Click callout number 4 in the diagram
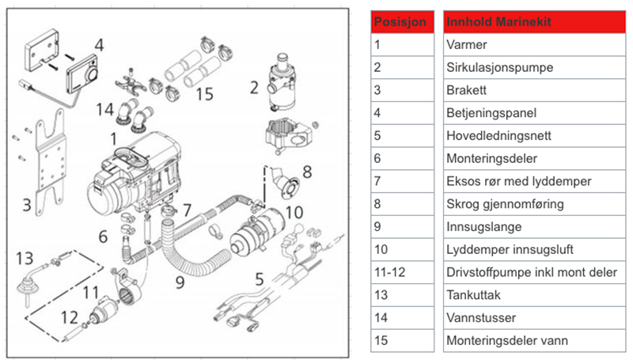tap(98, 45)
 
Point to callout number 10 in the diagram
tap(294, 211)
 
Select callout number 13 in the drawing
tap(26, 258)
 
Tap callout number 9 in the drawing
tap(180, 280)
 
